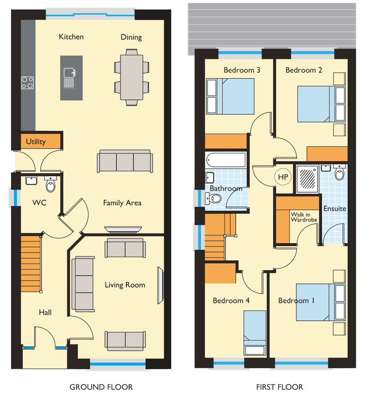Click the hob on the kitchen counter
point(27,82)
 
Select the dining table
point(131,77)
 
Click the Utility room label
point(36,142)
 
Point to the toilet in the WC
point(51,184)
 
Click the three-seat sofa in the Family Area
point(125,161)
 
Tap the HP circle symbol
point(283,177)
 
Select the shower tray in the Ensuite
point(307,179)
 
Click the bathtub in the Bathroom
point(226,160)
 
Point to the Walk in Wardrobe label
point(304,217)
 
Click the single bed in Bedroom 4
point(255,333)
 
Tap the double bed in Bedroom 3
point(230,96)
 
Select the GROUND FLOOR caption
point(101,387)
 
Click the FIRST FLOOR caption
point(280,387)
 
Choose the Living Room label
point(125,285)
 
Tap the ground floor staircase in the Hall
point(31,264)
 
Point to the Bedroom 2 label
point(304,70)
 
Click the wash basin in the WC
point(31,181)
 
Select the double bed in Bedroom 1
point(321,302)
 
